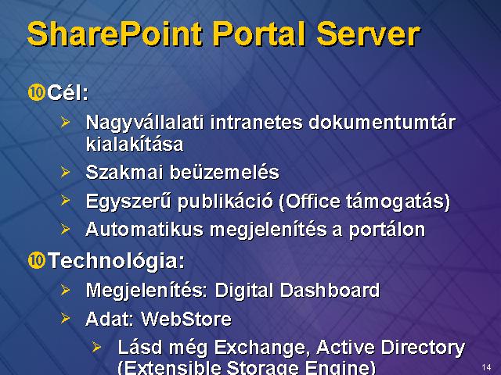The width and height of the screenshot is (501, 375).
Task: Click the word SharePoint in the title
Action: pos(115,34)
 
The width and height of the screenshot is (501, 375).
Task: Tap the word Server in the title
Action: pos(368,34)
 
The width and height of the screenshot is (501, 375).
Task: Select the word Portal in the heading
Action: pos(259,34)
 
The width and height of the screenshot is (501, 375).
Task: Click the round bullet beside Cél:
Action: pos(37,93)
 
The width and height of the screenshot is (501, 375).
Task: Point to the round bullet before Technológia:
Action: pos(37,260)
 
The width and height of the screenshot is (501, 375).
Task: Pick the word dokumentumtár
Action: pos(382,123)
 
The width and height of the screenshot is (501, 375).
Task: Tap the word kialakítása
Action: pos(135,144)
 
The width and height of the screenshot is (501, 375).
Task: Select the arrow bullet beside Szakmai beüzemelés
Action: pos(65,172)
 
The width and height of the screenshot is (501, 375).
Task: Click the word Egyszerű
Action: pos(128,202)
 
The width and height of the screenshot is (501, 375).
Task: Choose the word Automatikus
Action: pos(144,230)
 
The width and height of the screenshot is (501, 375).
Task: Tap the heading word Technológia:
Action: pos(117,261)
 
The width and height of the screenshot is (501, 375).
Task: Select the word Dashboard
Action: pos(330,291)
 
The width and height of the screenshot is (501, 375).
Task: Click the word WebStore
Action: pos(186,319)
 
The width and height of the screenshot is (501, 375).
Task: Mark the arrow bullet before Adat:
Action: pos(65,318)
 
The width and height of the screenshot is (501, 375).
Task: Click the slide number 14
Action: pos(486,367)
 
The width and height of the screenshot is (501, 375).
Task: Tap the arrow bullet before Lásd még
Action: pos(96,347)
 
